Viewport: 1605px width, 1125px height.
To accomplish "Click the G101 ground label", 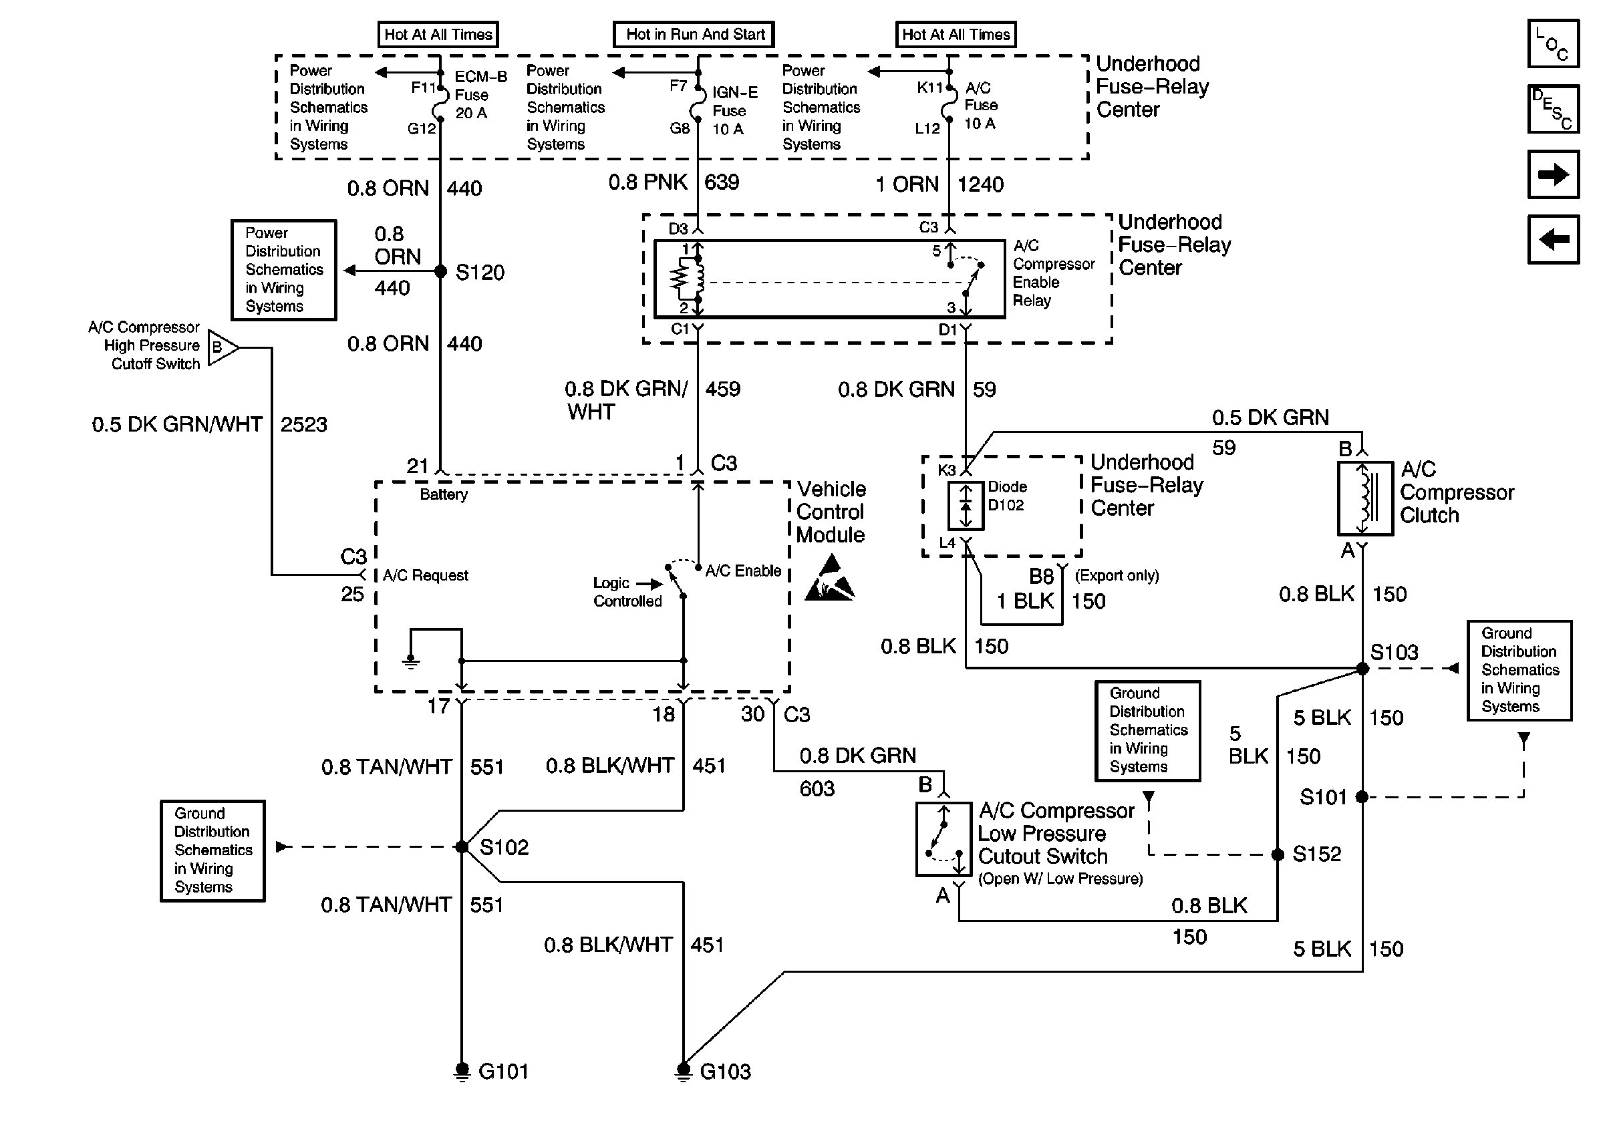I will point(503,1071).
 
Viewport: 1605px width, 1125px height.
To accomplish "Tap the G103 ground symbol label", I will point(725,1071).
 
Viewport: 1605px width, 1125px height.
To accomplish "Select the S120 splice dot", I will point(440,271).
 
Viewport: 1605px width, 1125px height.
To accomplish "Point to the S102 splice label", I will point(503,848).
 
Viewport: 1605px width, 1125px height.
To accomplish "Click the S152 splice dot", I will point(1277,854).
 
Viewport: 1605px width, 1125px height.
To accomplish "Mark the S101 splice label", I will point(1322,797).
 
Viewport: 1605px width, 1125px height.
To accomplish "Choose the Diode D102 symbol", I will point(966,505).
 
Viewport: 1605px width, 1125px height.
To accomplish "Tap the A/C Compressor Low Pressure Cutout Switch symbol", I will point(943,838).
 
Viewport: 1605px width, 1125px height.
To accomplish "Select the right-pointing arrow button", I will point(1554,174).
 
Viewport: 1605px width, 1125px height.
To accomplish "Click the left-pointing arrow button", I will point(1554,240).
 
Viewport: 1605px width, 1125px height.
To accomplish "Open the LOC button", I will point(1554,43).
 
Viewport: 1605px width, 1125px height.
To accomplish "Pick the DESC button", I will point(1554,109).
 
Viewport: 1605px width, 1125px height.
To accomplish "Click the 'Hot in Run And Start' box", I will point(694,34).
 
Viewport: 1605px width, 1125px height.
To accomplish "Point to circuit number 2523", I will point(303,424).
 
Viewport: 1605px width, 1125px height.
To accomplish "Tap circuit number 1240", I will point(980,184).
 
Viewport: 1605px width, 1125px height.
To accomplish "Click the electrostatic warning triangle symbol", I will point(830,579).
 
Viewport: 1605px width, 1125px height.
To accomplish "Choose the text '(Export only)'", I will point(1117,575).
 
